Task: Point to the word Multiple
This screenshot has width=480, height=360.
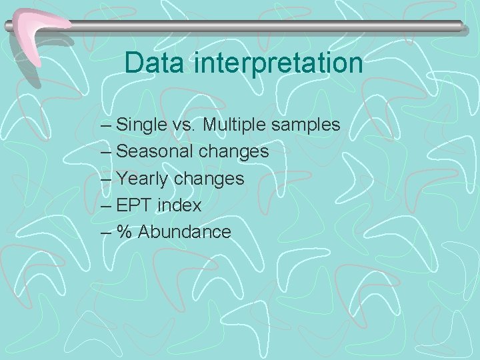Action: pyautogui.click(x=235, y=125)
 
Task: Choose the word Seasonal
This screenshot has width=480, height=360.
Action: pyautogui.click(x=155, y=151)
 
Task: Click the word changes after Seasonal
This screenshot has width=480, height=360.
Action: pyautogui.click(x=234, y=152)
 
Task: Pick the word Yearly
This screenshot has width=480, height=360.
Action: pyautogui.click(x=143, y=179)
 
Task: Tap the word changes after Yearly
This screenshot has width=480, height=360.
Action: pyautogui.click(x=209, y=179)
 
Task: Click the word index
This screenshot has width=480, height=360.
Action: pyautogui.click(x=179, y=205)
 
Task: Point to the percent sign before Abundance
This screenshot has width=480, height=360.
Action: pyautogui.click(x=124, y=232)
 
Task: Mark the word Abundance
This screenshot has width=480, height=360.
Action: pyautogui.click(x=185, y=232)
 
